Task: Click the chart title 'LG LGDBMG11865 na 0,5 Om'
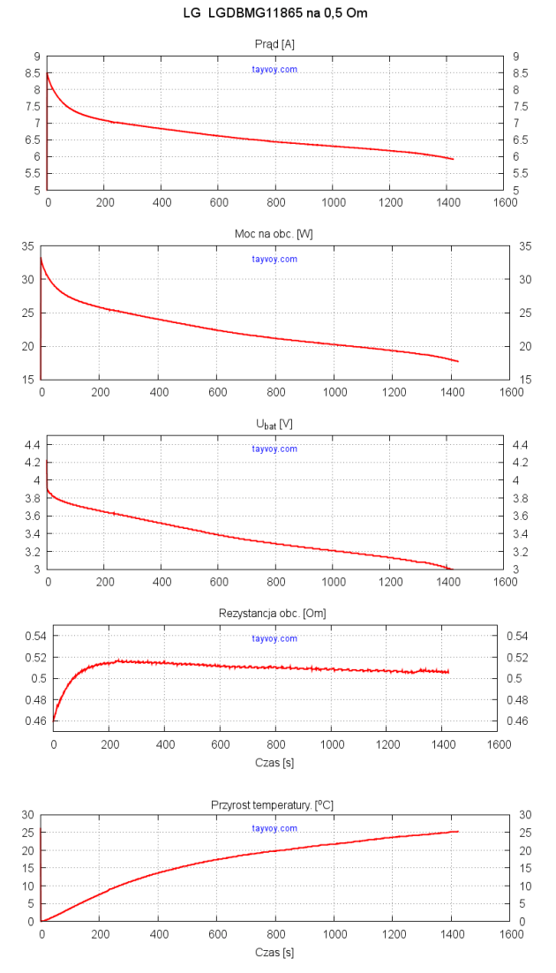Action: (274, 13)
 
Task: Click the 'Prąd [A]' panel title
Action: (274, 43)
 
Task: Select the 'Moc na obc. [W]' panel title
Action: (274, 233)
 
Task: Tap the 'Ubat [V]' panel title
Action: (274, 424)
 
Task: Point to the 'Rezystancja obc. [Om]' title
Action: (274, 613)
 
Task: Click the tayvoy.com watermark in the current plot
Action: (274, 69)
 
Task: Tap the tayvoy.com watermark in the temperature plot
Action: (274, 828)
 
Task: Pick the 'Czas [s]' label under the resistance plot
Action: (275, 762)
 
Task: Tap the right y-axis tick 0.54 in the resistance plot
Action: (516, 636)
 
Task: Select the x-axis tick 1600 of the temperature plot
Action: (507, 935)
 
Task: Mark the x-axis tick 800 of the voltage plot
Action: (275, 583)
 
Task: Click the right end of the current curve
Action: (454, 159)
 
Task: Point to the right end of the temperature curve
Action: (458, 832)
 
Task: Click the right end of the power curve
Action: (458, 361)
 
